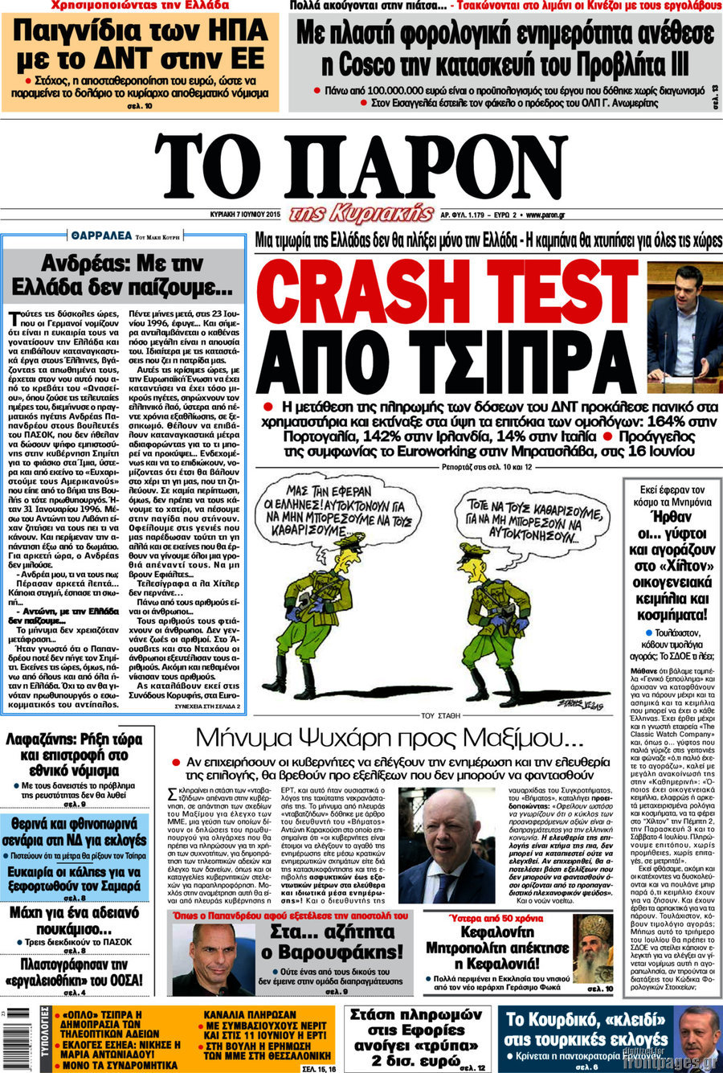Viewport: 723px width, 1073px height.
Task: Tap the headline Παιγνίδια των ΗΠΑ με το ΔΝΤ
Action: coord(140,45)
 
